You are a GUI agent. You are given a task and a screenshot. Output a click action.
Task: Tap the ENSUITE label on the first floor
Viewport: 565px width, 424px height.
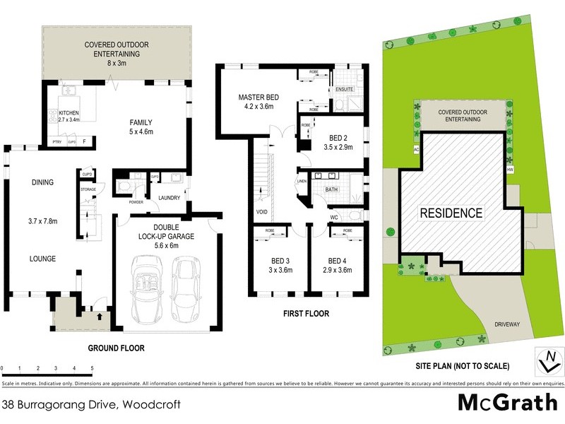point(345,90)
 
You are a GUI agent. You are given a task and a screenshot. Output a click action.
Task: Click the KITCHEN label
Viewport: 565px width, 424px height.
point(69,113)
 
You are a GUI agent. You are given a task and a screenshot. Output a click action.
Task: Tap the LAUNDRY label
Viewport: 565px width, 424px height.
point(170,198)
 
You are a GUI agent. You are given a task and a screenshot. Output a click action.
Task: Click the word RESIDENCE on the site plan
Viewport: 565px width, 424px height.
point(452,213)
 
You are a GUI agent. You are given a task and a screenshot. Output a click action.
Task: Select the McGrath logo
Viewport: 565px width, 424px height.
point(507,402)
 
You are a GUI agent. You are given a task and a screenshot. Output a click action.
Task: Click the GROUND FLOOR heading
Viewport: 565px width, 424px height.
point(116,348)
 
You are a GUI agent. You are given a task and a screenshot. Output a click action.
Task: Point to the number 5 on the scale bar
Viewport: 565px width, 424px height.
point(92,369)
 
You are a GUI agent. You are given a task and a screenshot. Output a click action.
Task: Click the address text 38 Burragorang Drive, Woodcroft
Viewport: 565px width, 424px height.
point(91,405)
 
